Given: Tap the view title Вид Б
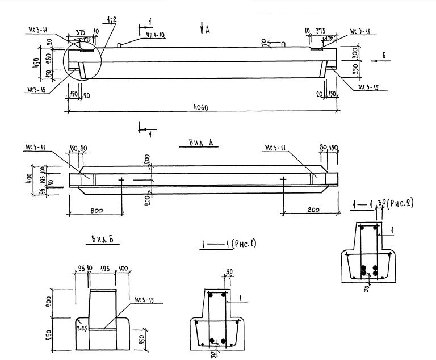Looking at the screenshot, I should (x=100, y=241).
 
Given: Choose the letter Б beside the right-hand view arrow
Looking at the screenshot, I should (x=384, y=55).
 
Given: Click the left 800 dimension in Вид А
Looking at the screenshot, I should (x=96, y=211).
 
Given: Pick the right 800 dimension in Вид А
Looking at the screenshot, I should (x=311, y=211).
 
